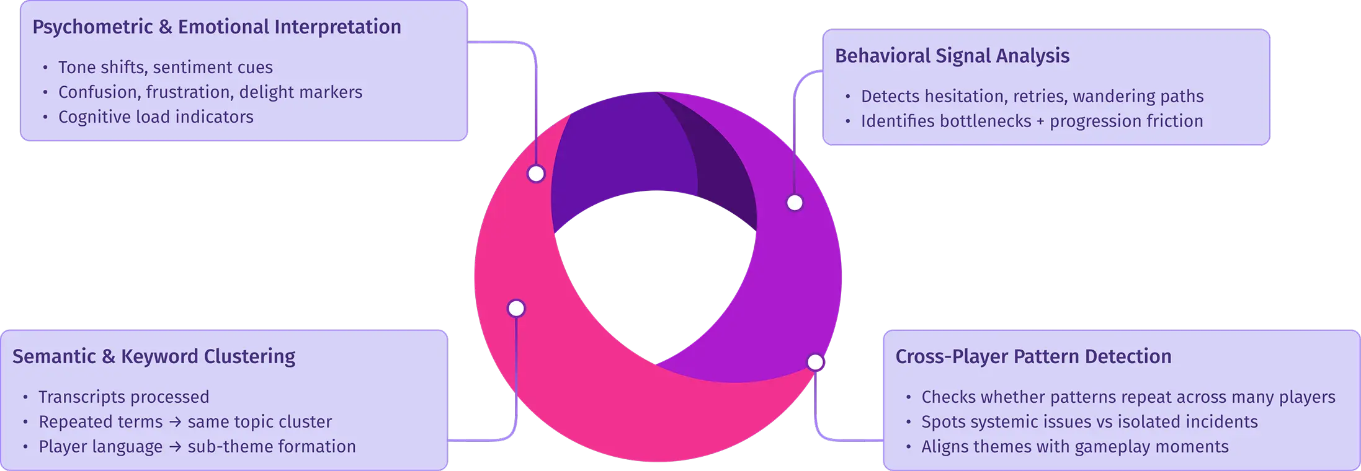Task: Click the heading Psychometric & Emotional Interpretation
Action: click(x=216, y=27)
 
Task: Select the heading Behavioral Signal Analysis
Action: click(x=952, y=56)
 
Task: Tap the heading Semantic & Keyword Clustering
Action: click(x=154, y=356)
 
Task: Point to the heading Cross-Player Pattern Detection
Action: click(x=1033, y=356)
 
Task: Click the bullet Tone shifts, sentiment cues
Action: click(x=165, y=67)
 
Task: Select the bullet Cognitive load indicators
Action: click(x=156, y=117)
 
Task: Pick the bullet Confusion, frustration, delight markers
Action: click(x=210, y=92)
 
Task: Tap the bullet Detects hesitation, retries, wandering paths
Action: click(x=1032, y=96)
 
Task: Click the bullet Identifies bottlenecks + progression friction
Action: click(x=1032, y=121)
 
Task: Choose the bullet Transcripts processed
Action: click(x=123, y=397)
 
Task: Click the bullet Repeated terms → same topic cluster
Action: click(x=185, y=421)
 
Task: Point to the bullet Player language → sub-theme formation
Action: click(x=197, y=446)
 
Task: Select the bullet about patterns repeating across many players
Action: click(x=1128, y=397)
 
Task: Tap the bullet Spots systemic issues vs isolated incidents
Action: click(x=1089, y=421)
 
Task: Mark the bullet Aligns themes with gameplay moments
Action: click(x=1074, y=446)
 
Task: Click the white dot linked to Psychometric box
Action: click(x=536, y=174)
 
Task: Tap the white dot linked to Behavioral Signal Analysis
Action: click(x=795, y=203)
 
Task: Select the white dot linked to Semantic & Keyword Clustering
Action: click(x=516, y=308)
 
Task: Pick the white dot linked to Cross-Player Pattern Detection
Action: click(x=815, y=362)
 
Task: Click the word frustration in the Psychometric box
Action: click(x=189, y=92)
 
